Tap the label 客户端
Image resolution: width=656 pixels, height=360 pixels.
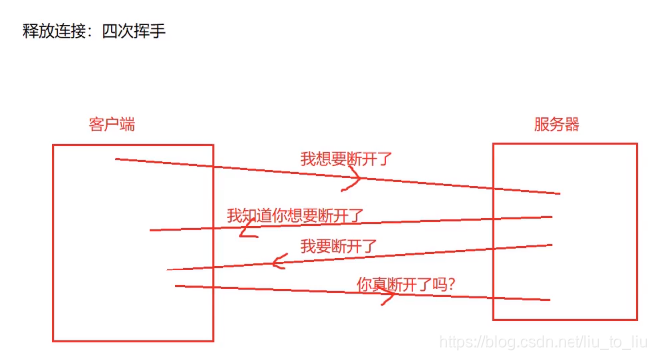pos(112,125)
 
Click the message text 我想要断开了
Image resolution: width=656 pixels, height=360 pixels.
pos(347,158)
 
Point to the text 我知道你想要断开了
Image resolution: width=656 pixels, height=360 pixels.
pos(294,215)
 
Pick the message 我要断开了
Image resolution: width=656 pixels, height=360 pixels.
pos(339,245)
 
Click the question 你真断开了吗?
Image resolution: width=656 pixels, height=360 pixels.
pos(406,284)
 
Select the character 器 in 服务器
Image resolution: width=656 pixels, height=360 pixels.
pos(572,125)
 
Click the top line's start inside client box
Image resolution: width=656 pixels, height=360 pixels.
pos(117,159)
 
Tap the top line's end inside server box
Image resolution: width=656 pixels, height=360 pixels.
pos(558,193)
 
